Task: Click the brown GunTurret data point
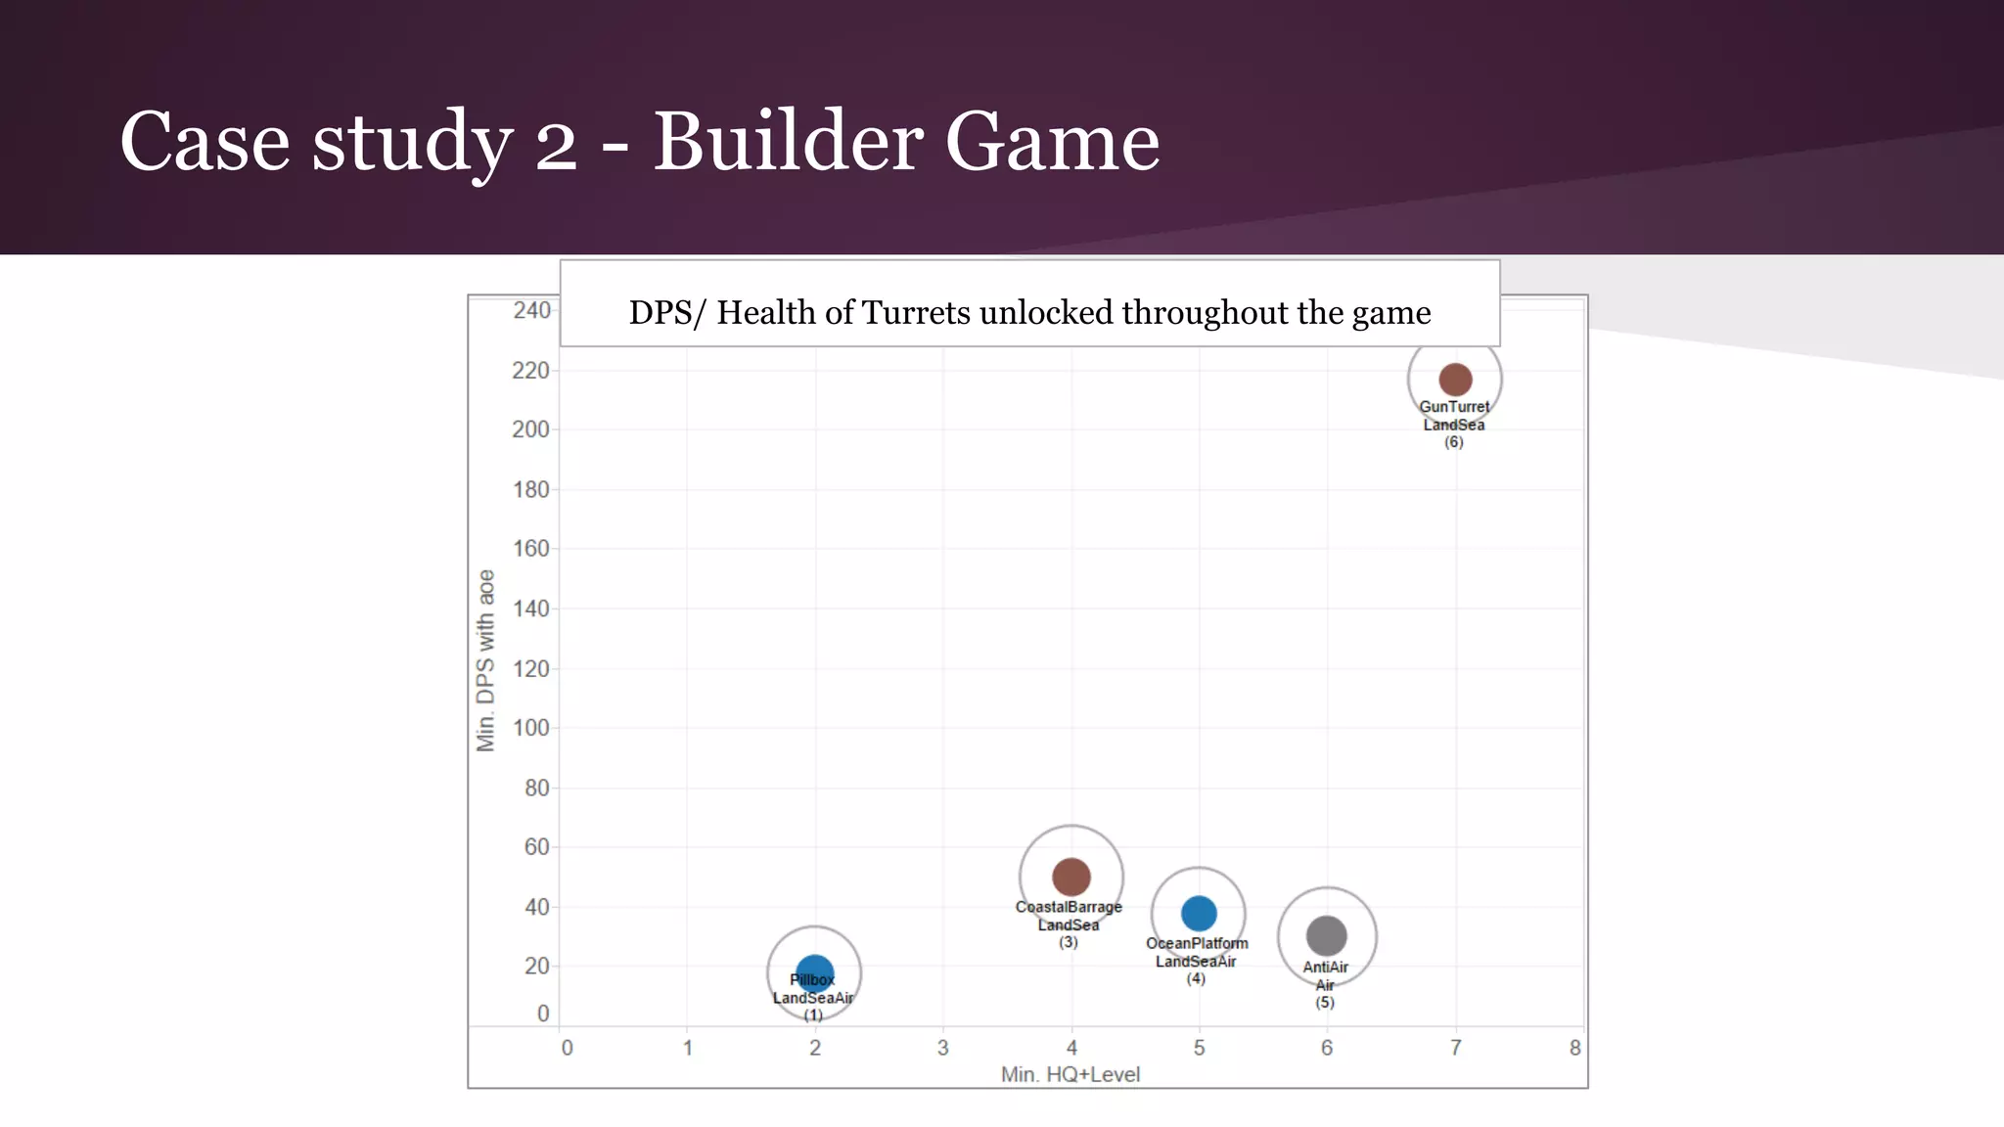tap(1455, 380)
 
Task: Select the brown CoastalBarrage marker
tap(1070, 877)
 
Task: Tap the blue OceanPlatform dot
tap(1199, 914)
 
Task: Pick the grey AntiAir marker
tap(1326, 936)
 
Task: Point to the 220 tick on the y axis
tap(530, 371)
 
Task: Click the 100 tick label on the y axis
tap(530, 728)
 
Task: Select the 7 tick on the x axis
tap(1455, 1048)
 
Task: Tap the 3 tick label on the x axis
tap(942, 1048)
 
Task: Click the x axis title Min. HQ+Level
tap(1070, 1074)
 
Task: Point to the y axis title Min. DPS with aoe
tap(485, 660)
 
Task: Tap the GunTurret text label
tap(1454, 407)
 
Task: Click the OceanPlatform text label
tap(1197, 943)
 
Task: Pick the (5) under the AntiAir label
tap(1324, 1003)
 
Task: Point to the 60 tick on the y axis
tap(536, 847)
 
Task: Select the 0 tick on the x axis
tap(567, 1048)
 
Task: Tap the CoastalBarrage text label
tap(1069, 907)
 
